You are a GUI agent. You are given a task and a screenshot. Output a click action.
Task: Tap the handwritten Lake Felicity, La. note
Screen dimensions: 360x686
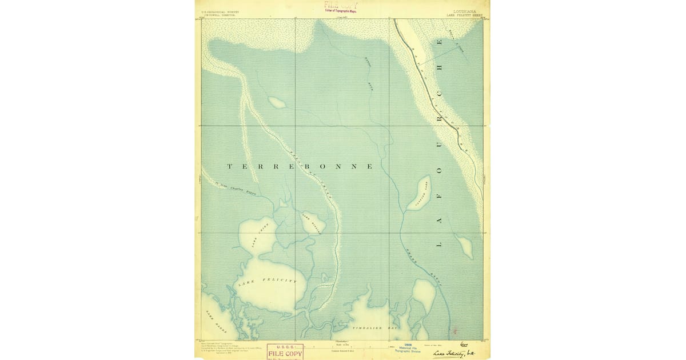point(458,355)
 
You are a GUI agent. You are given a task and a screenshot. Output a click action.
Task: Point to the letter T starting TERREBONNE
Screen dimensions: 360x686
point(230,167)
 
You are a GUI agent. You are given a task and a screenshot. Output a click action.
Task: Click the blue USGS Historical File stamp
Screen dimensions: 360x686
point(407,348)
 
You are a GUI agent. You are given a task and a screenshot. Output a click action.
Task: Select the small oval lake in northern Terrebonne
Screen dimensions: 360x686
point(277,103)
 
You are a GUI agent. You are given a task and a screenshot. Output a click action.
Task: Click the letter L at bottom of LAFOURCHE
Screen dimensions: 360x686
point(440,245)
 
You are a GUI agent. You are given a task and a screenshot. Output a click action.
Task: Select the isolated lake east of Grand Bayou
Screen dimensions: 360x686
point(465,247)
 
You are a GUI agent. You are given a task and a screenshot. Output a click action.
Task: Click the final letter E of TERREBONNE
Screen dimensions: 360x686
point(370,167)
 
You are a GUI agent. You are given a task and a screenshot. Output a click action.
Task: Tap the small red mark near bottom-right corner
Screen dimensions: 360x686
point(455,330)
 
